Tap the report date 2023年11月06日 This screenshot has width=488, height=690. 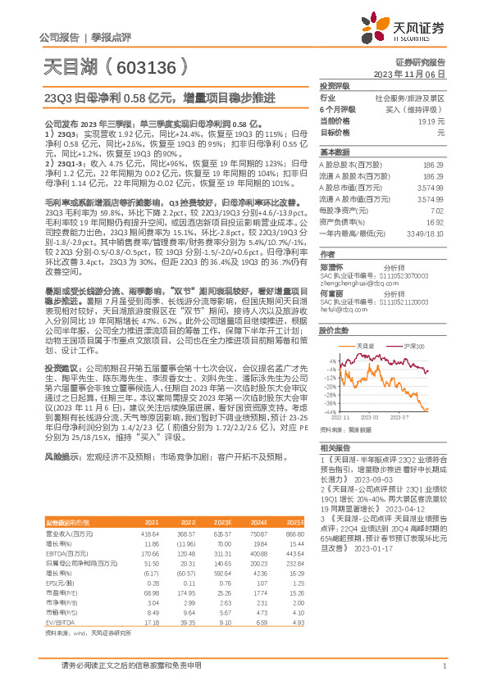click(409, 74)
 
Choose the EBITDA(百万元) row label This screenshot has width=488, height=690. click(62, 556)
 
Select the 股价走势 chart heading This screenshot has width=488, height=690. click(334, 331)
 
